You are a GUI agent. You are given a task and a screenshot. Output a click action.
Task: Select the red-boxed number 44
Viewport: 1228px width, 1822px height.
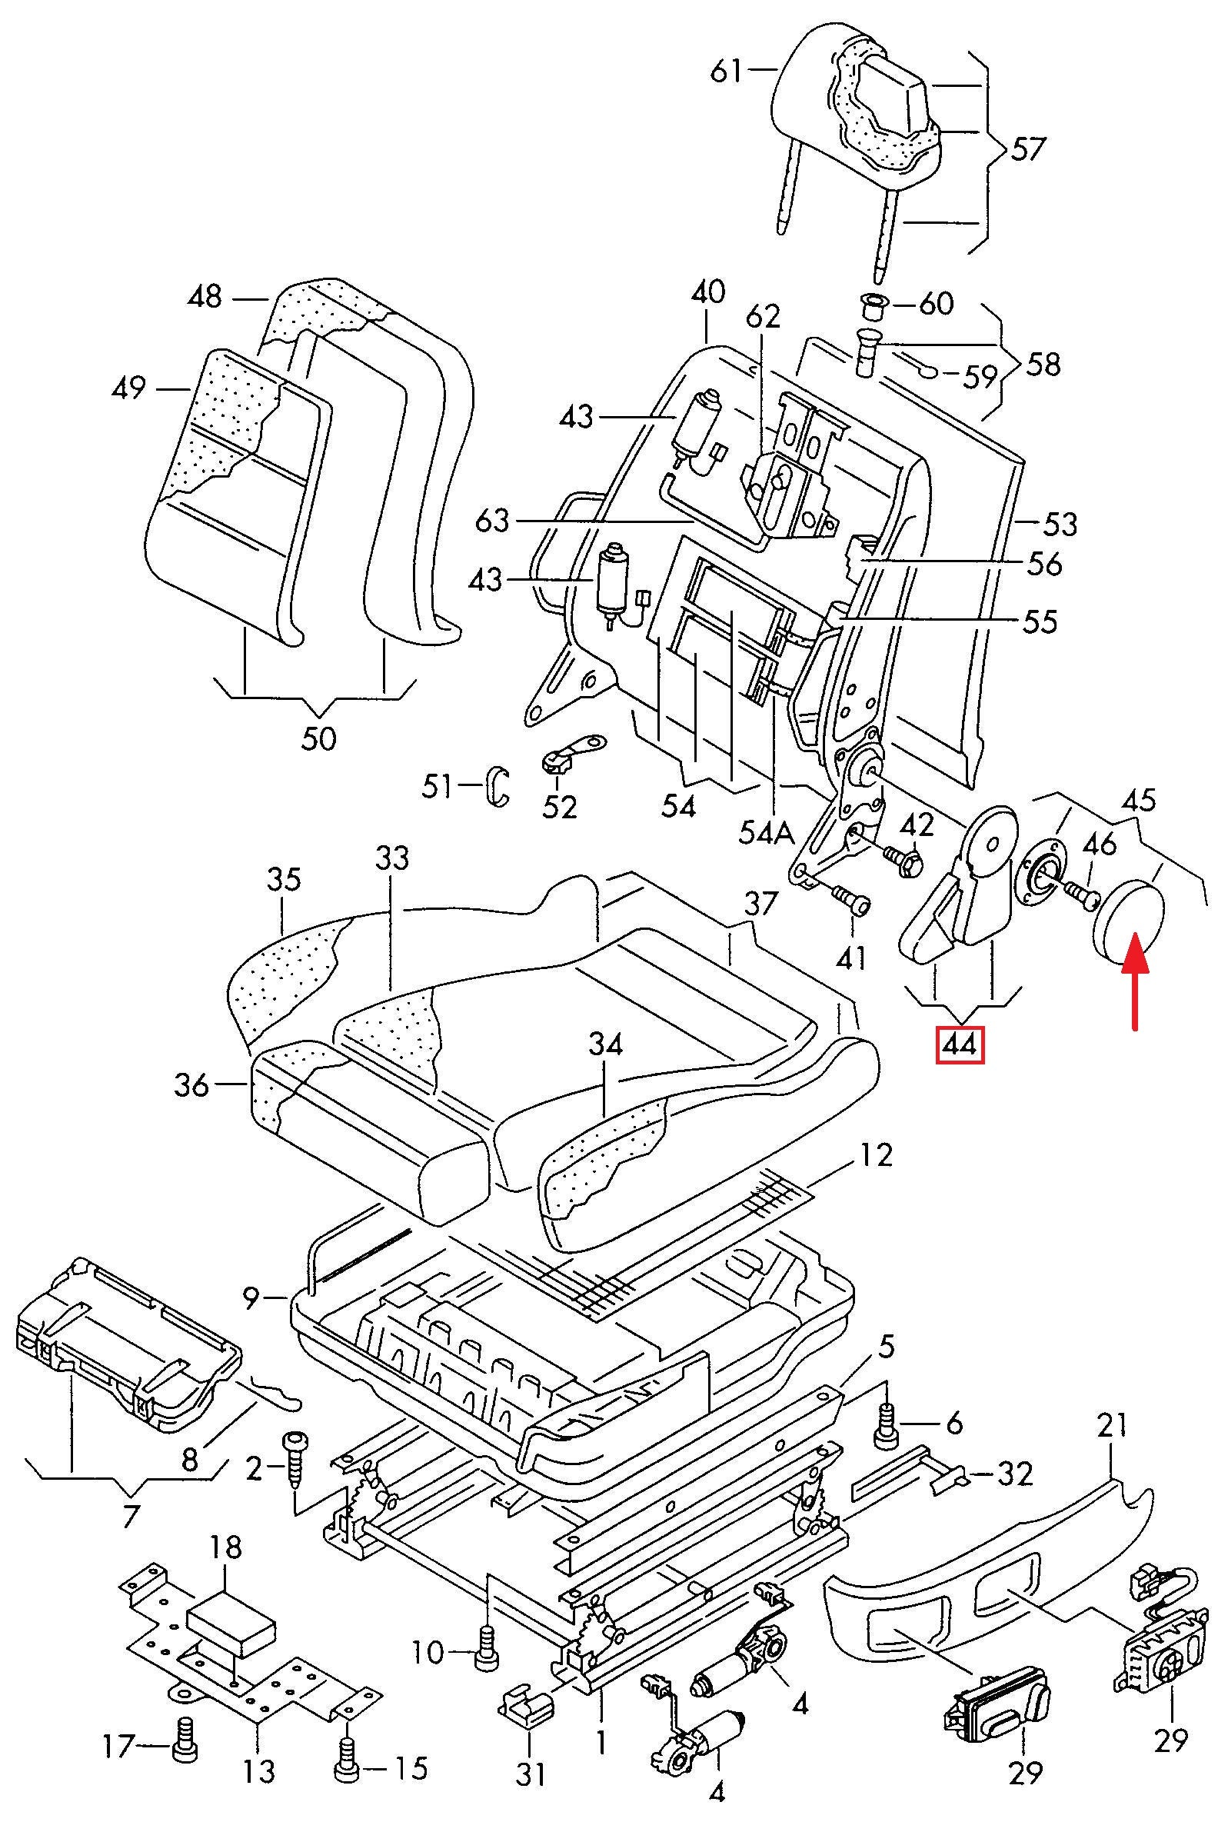(960, 1045)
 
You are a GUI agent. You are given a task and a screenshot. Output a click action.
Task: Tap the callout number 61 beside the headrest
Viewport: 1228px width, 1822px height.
(726, 72)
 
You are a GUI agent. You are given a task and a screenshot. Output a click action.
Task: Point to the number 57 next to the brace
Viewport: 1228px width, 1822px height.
(1027, 149)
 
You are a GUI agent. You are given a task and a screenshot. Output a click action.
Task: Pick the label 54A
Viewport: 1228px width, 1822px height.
(766, 833)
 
